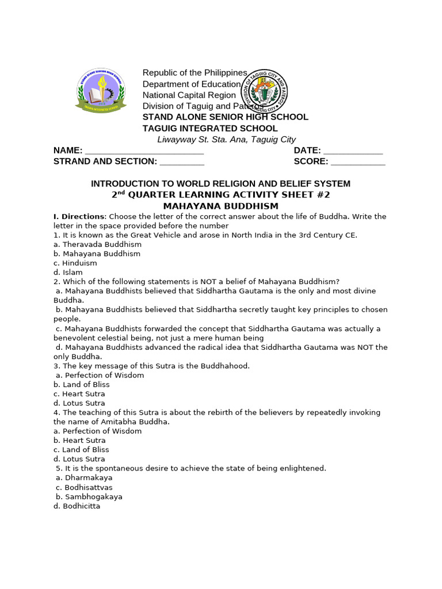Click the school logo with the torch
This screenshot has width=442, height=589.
pyautogui.click(x=100, y=90)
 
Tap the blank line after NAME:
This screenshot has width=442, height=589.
pyautogui.click(x=144, y=151)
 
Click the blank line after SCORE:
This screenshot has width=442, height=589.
pyautogui.click(x=357, y=162)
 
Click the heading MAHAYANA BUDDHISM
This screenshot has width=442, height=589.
pyautogui.click(x=220, y=206)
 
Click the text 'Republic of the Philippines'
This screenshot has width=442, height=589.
pyautogui.click(x=195, y=72)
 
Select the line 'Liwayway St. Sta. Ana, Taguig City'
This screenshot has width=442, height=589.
pyautogui.click(x=226, y=139)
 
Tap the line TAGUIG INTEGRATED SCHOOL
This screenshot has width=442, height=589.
pyautogui.click(x=210, y=128)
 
